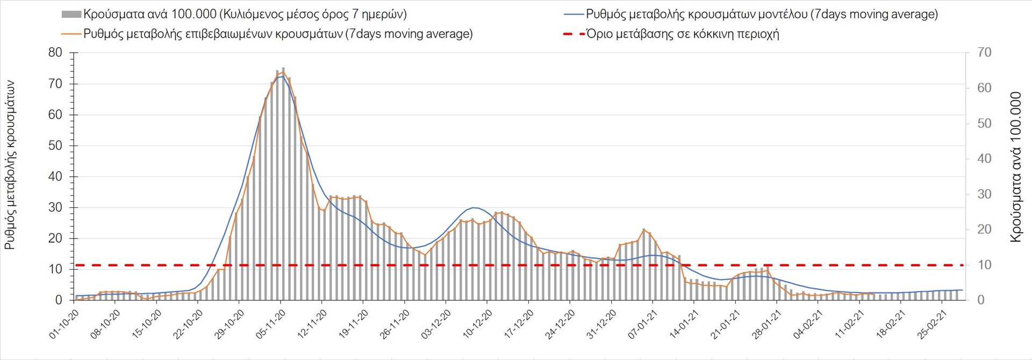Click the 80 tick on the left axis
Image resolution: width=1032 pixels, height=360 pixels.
click(x=55, y=53)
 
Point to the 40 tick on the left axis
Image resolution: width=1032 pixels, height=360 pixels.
click(x=55, y=176)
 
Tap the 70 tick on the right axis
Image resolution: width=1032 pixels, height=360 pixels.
click(x=984, y=53)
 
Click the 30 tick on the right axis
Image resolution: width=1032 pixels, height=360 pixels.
click(x=984, y=194)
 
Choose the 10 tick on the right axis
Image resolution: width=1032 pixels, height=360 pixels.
click(x=984, y=265)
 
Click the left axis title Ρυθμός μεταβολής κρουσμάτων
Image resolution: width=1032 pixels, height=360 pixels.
click(x=10, y=165)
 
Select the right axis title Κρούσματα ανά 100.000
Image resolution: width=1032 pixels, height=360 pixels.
click(x=1015, y=167)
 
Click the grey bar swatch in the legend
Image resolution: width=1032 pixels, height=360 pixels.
click(x=71, y=15)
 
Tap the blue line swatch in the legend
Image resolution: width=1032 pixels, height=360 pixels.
click(x=574, y=15)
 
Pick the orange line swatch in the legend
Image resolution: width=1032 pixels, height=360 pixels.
click(x=71, y=34)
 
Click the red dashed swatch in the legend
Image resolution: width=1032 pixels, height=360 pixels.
click(x=574, y=34)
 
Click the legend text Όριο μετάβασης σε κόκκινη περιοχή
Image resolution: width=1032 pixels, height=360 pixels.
click(x=683, y=34)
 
